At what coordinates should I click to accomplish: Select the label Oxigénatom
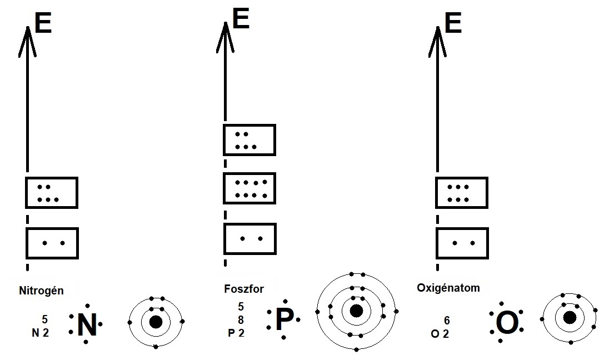click(448, 288)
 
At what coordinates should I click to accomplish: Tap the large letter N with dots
click(87, 326)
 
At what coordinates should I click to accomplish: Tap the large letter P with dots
click(284, 320)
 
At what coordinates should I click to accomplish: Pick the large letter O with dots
click(506, 323)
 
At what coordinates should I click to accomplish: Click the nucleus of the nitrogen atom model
click(156, 322)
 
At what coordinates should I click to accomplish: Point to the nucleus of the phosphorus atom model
click(356, 311)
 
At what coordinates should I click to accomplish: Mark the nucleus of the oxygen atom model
click(570, 317)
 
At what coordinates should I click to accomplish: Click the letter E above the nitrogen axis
click(43, 24)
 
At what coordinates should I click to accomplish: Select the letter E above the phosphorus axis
click(241, 19)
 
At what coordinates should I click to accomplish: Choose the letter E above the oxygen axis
click(453, 24)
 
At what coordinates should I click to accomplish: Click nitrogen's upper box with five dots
click(52, 193)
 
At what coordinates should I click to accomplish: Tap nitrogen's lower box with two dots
click(52, 243)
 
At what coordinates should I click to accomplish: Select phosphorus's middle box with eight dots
click(249, 188)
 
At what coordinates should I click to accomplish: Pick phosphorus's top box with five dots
click(249, 140)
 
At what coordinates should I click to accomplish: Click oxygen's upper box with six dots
click(461, 193)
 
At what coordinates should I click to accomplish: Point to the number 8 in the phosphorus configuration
click(241, 320)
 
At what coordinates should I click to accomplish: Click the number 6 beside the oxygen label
click(446, 321)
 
